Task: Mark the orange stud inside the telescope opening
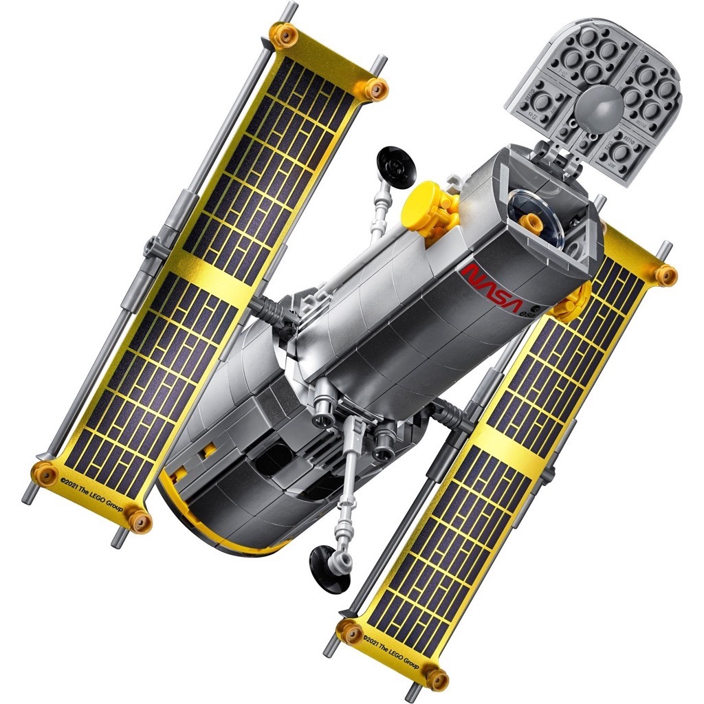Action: point(531,221)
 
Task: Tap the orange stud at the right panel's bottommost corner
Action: point(435,678)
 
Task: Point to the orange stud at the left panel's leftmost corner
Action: point(43,472)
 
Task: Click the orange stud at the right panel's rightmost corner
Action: point(665,275)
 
